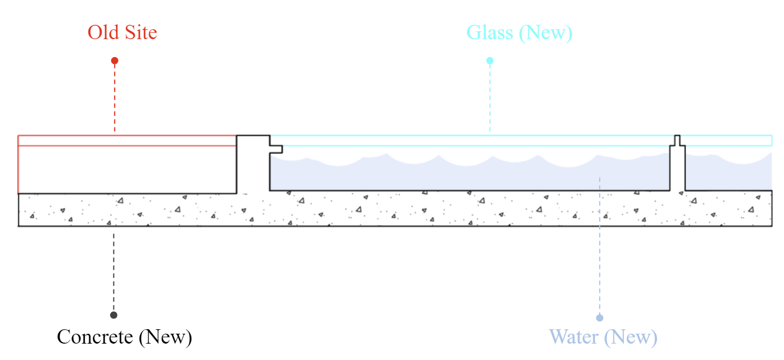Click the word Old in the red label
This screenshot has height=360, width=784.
tap(103, 33)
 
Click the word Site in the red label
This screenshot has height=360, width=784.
tap(141, 33)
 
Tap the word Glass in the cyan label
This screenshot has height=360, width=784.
tap(490, 33)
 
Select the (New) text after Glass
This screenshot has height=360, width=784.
tap(546, 33)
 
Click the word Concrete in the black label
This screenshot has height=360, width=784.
tap(95, 337)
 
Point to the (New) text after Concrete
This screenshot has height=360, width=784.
tap(165, 337)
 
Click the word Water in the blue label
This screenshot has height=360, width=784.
tap(574, 337)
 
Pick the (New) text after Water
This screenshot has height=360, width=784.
tap(630, 337)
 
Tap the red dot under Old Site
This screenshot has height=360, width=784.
tap(114, 60)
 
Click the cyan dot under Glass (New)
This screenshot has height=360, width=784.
tap(490, 60)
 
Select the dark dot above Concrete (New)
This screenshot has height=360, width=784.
tap(113, 315)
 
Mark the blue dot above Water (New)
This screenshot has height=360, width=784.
tap(600, 318)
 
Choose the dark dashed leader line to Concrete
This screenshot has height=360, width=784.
tap(113, 273)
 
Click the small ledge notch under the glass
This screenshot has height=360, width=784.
tap(276, 149)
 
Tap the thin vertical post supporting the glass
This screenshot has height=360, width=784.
tap(677, 166)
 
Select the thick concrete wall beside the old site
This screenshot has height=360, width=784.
tap(253, 164)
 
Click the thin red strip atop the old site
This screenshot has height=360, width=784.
tap(126, 140)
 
